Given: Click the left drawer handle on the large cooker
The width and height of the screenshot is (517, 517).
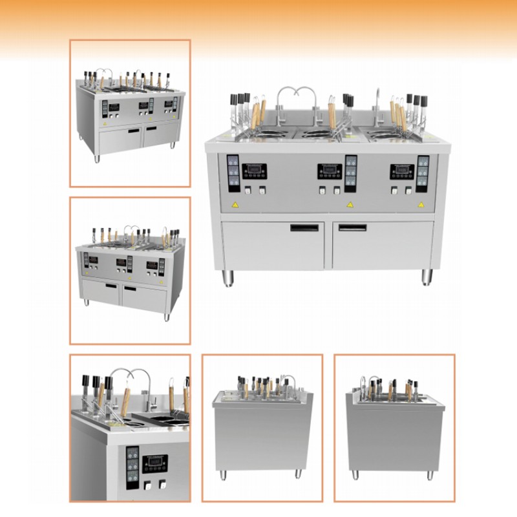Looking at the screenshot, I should tap(304, 227).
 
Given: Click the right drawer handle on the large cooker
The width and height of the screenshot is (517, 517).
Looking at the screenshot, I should tap(352, 227).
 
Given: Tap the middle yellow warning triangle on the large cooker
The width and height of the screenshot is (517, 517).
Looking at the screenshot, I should tap(350, 205).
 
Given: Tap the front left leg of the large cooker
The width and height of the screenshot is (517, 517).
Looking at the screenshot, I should tap(228, 278).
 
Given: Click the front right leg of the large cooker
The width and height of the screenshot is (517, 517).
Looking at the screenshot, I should tap(427, 278).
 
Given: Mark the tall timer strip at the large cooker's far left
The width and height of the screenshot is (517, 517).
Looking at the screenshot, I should tap(232, 173).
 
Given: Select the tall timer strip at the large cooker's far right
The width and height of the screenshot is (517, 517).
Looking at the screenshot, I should tap(423, 173).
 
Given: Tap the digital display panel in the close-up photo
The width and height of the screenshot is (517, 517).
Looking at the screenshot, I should tap(155, 463).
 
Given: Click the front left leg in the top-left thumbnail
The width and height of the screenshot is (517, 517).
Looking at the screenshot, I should tap(98, 157).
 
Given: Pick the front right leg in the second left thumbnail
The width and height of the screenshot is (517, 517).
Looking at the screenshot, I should tap(166, 317).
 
